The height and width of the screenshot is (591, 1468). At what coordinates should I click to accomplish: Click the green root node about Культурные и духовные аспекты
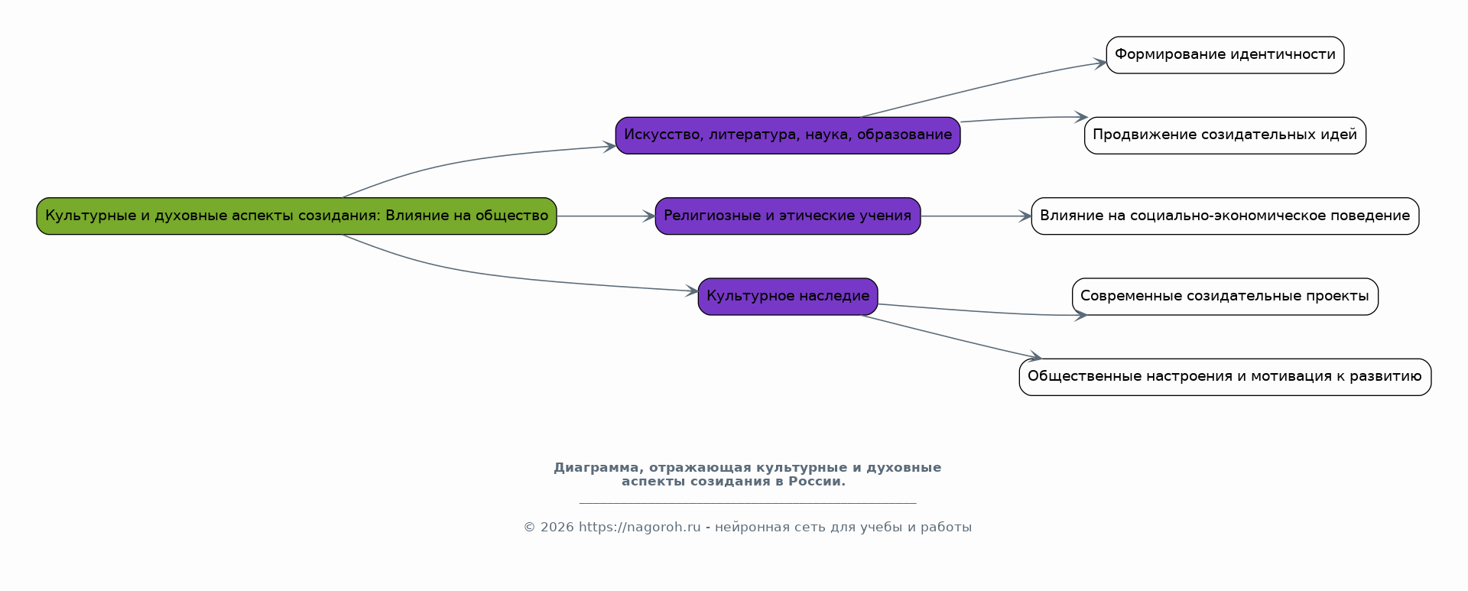[297, 216]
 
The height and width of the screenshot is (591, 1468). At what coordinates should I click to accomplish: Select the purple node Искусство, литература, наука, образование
[788, 135]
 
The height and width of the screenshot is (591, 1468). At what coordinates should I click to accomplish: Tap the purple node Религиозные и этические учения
[788, 216]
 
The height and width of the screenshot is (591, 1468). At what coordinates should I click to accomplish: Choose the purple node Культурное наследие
[788, 297]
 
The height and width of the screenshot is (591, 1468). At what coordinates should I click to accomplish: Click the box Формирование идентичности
[1225, 55]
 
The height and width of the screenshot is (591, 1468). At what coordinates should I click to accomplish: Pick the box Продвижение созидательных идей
[1225, 135]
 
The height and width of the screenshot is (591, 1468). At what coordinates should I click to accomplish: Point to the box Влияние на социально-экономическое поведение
[1225, 216]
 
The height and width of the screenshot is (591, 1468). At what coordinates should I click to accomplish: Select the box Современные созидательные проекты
[1225, 297]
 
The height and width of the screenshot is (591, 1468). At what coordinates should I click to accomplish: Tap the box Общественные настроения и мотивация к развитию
[1225, 377]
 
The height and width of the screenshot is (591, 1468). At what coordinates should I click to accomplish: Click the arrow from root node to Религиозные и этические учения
[606, 216]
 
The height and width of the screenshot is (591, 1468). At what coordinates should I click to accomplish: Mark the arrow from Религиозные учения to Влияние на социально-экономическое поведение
[976, 216]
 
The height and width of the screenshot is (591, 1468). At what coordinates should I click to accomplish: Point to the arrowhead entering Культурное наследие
[692, 291]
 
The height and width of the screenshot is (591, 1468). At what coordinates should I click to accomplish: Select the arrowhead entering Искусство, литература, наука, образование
[609, 146]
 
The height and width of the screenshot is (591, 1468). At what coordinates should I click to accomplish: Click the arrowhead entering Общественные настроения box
[1034, 356]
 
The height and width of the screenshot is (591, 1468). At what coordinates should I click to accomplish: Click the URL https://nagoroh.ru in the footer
[639, 528]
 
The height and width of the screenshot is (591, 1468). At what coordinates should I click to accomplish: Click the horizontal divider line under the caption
[748, 503]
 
